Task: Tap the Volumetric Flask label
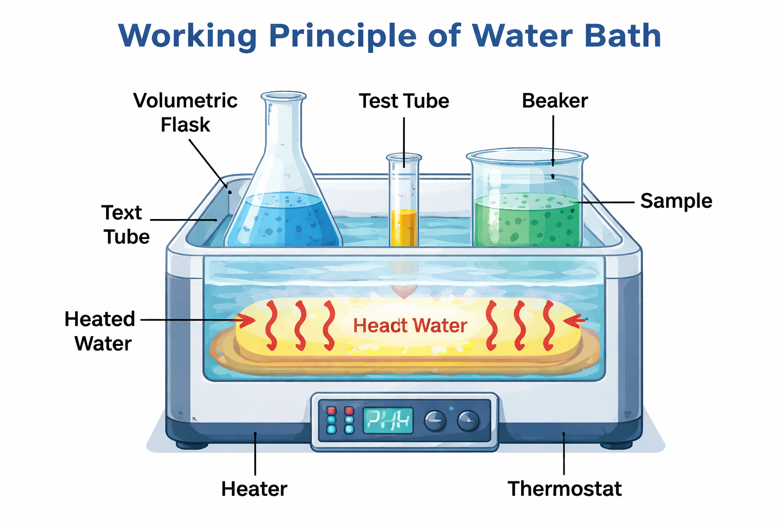point(185,112)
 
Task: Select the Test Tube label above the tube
point(404,101)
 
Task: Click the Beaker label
point(555,101)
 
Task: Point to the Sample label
point(676,201)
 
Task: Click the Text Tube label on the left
point(126,225)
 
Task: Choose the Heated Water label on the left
point(100,331)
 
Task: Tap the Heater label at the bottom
point(254,489)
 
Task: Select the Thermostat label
point(565,489)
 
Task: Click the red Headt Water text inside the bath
point(410,325)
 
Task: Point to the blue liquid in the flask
point(284,220)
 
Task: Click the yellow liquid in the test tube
point(404,227)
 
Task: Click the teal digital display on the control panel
point(388,421)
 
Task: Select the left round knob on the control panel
point(435,421)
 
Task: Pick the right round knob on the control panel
point(468,421)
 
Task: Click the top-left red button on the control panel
point(332,411)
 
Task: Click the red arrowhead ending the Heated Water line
point(247,320)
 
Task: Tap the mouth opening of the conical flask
point(283,96)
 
